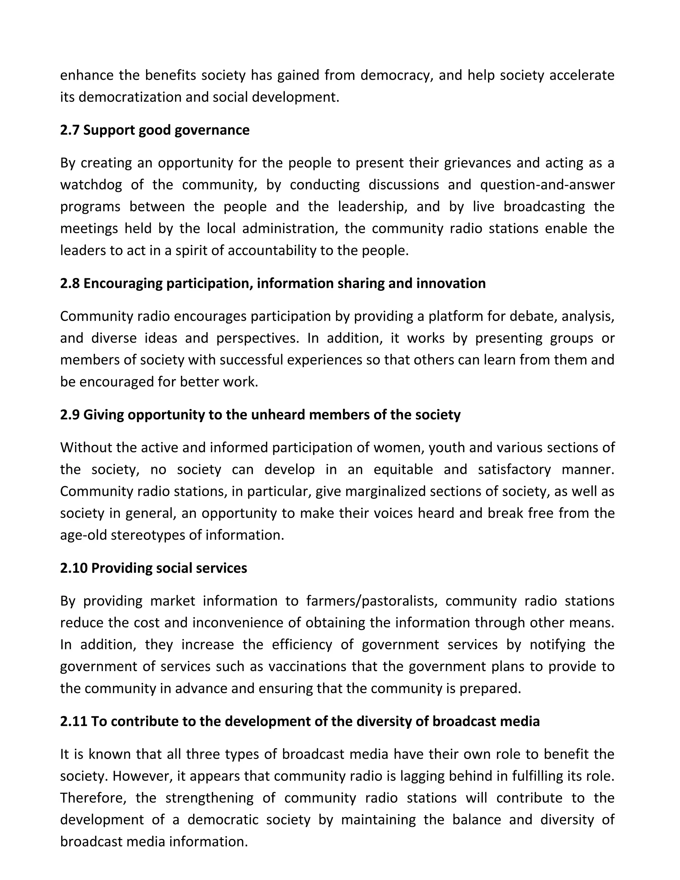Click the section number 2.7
click(70, 130)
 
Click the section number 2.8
click(70, 283)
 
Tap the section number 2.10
click(74, 568)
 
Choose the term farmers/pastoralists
click(372, 601)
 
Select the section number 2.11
click(74, 721)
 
